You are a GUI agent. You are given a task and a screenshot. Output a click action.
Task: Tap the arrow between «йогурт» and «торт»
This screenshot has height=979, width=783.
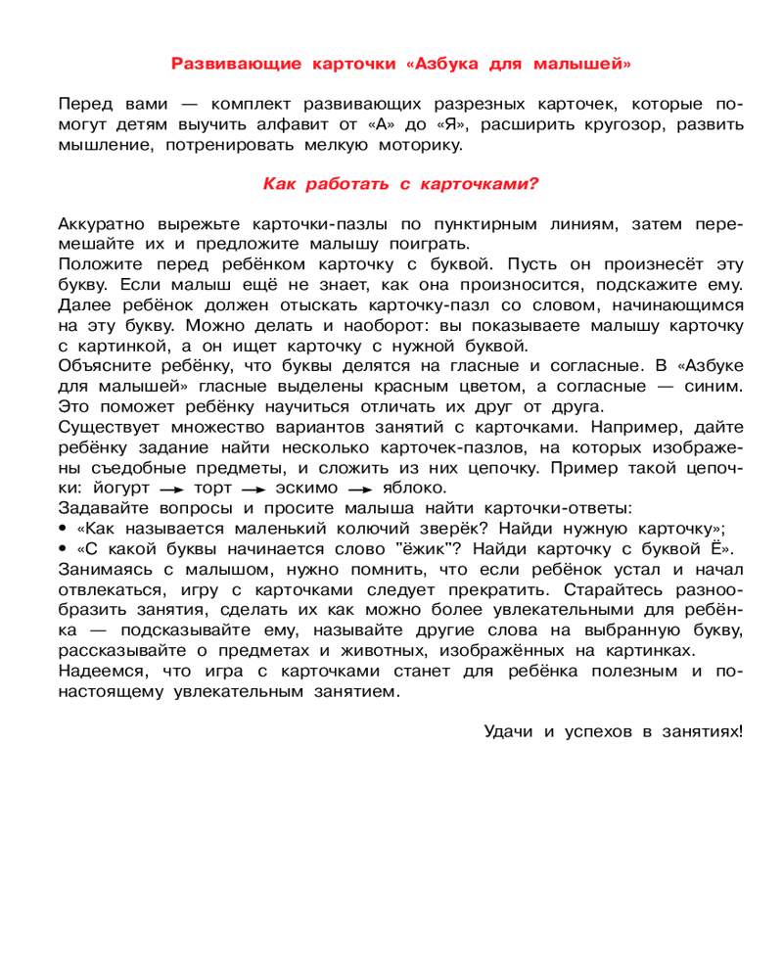[172, 489]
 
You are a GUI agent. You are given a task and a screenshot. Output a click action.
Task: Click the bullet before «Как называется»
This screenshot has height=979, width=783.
[63, 528]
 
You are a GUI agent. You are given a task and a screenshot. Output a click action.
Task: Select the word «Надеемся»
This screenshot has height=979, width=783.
[103, 671]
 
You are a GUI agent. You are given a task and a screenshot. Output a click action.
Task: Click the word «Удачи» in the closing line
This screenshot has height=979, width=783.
[511, 730]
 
